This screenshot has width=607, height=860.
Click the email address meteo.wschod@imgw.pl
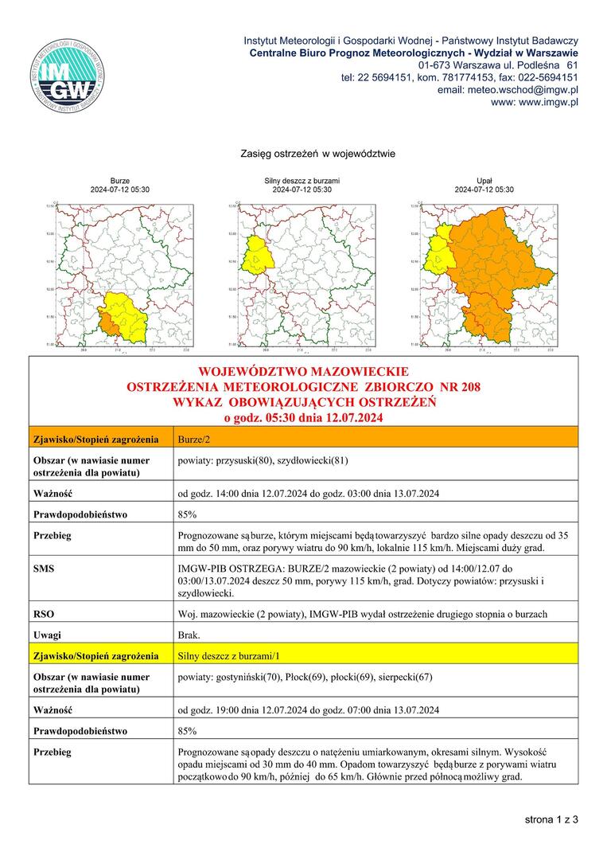click(508, 90)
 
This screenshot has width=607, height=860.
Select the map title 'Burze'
click(120, 182)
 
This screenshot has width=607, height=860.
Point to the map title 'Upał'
click(484, 182)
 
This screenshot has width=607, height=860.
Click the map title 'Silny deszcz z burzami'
click(302, 182)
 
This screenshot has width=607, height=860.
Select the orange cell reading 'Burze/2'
click(194, 439)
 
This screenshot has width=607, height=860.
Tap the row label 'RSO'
click(40, 614)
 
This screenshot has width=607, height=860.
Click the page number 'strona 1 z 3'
click(551, 819)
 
